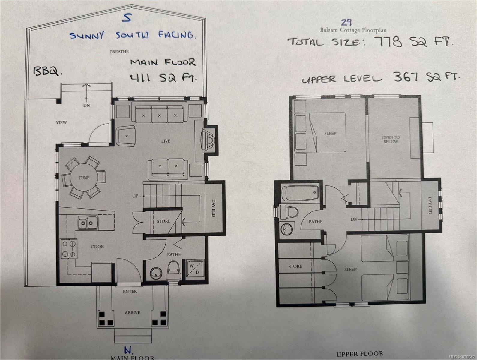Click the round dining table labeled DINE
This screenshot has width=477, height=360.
pyautogui.click(x=84, y=178)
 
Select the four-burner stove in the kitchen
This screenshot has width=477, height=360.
pyautogui.click(x=69, y=248)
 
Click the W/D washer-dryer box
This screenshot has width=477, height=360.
pyautogui.click(x=195, y=269)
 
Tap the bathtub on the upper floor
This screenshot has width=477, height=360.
pyautogui.click(x=300, y=193)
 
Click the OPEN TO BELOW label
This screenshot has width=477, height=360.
pyautogui.click(x=391, y=139)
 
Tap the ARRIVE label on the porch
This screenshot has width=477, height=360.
pyautogui.click(x=132, y=313)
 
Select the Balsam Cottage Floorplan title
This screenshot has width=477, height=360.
pyautogui.click(x=353, y=30)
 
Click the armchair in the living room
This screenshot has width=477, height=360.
pyautogui.click(x=126, y=136)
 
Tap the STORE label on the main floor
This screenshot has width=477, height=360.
pyautogui.click(x=163, y=221)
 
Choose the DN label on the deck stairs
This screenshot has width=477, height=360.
pyautogui.click(x=86, y=105)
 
